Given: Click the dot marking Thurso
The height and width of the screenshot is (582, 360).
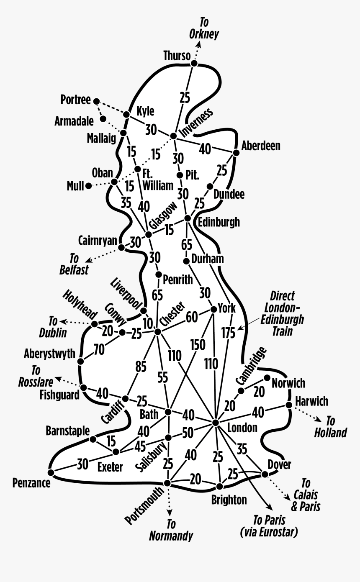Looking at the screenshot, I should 194,63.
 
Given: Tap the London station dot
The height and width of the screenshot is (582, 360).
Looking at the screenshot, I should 216,423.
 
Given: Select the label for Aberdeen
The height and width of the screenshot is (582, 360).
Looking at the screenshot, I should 261,146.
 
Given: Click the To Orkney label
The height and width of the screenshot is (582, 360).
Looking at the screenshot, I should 204,28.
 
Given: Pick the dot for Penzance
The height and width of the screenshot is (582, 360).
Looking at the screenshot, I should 51,472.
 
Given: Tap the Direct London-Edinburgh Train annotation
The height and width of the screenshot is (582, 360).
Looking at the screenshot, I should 282,314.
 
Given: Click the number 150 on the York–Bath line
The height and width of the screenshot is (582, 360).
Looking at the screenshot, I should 198,345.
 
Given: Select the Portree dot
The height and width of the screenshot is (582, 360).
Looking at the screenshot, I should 96,101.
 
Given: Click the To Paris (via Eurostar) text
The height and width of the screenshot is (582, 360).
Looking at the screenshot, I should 269,526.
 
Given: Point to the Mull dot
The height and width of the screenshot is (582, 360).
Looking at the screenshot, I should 89,186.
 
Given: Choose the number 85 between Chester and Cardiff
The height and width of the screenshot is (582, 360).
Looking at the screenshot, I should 141,367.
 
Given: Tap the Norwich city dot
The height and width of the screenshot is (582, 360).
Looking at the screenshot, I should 267,377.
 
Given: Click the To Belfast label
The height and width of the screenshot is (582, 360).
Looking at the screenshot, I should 74,264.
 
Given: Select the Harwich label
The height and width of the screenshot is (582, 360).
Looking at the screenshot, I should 311,401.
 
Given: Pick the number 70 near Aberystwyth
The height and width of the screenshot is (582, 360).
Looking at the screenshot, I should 99,349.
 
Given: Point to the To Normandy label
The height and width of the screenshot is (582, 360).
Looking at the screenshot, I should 171,530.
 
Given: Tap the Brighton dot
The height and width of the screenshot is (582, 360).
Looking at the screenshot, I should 219,486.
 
